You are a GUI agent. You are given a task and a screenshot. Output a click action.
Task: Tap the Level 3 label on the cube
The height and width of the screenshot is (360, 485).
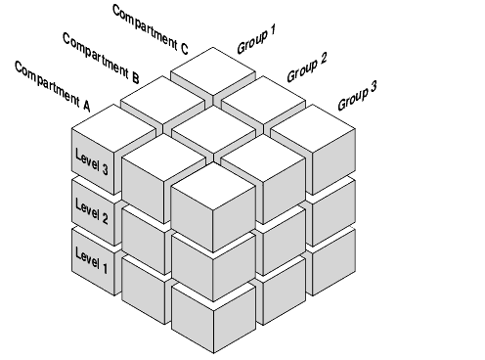coord(92,158)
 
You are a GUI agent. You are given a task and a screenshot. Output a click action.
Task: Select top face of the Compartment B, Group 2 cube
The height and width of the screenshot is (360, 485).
coord(212,125)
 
